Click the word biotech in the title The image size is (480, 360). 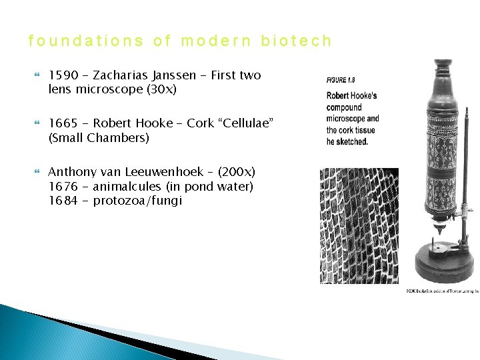tap(295, 41)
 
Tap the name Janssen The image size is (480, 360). tap(178, 75)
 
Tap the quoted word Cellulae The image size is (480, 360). tap(241, 123)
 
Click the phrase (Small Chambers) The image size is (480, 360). tap(99, 138)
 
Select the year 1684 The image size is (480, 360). tap(63, 200)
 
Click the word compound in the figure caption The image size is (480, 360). tap(344, 107)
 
